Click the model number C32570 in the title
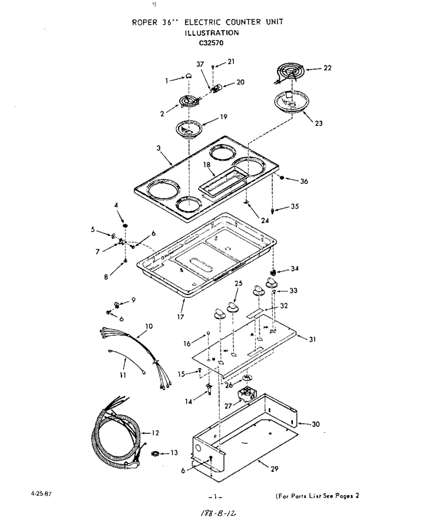point(211,43)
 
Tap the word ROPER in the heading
point(145,22)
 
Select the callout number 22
point(327,67)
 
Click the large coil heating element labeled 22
point(290,72)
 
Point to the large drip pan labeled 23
point(292,101)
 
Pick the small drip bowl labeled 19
point(189,129)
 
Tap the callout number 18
point(207,165)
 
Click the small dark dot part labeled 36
point(281,178)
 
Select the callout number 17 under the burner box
point(181,317)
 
